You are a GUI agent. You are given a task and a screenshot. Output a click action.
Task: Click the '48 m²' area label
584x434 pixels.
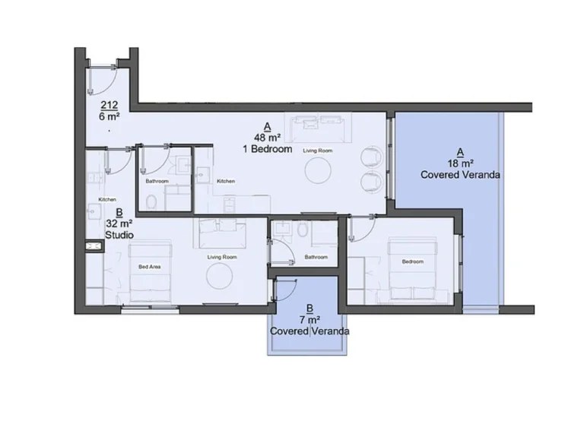click(267, 138)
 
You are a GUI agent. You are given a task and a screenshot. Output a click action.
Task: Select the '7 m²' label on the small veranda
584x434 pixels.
click(309, 320)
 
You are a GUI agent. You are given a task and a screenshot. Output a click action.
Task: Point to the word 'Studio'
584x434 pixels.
click(119, 236)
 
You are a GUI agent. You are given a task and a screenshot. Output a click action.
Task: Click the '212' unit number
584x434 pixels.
click(109, 106)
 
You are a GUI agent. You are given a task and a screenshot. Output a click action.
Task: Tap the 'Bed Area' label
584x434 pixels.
click(148, 267)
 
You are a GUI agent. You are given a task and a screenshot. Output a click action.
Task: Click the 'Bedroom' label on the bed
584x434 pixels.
click(413, 261)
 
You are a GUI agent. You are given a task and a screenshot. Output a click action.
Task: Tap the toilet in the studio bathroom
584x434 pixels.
click(152, 201)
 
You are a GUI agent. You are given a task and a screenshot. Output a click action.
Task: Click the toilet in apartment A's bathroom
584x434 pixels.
click(303, 229)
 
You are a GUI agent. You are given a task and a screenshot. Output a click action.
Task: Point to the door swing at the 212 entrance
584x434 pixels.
click(102, 78)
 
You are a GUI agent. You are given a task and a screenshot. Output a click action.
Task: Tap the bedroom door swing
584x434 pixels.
click(363, 226)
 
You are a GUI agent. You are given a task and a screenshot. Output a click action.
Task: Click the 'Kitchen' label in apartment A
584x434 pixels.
click(226, 181)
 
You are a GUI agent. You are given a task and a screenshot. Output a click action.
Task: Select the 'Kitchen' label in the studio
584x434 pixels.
click(107, 200)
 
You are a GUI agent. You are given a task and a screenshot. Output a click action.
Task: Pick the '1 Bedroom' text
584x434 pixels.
click(267, 150)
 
